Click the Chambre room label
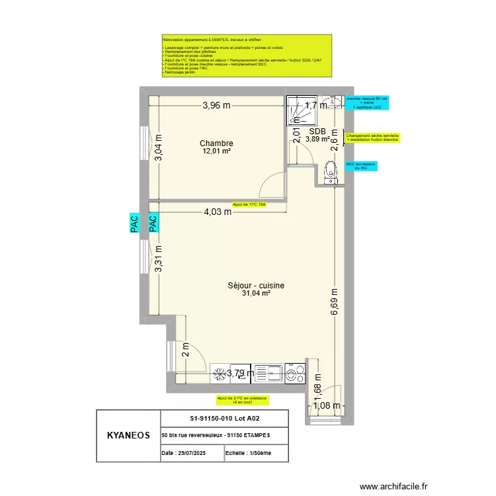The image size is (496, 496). tap(216, 144)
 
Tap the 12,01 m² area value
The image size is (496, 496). tap(216, 151)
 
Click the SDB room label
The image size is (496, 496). tap(317, 131)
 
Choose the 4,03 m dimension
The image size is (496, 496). tap(217, 212)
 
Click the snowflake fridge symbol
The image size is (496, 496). tap(218, 374)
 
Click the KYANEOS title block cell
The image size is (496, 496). tap(128, 436)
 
